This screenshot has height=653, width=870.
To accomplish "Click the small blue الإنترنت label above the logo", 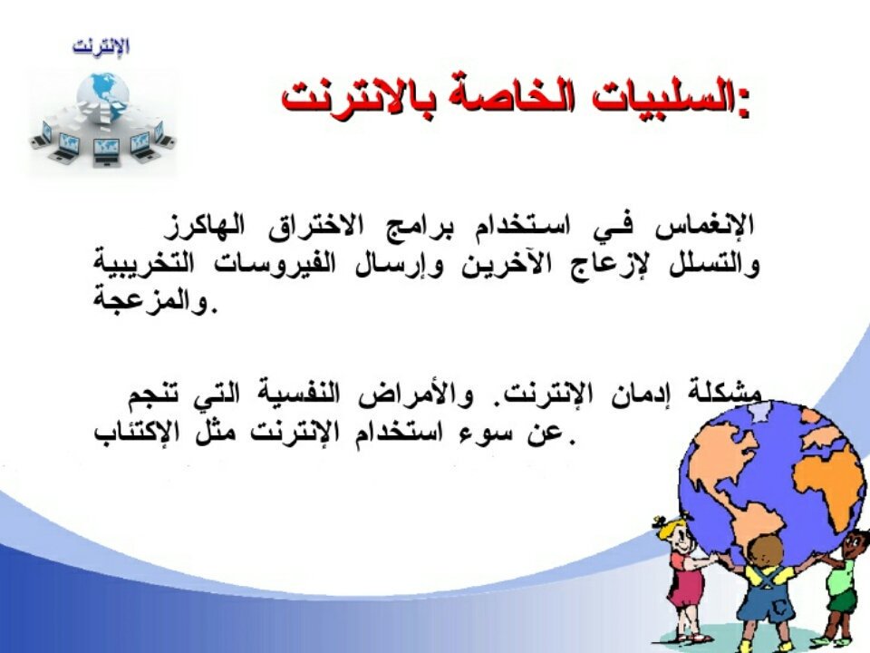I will tap(101, 46).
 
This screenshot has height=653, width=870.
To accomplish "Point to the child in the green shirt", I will tap(843, 580).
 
